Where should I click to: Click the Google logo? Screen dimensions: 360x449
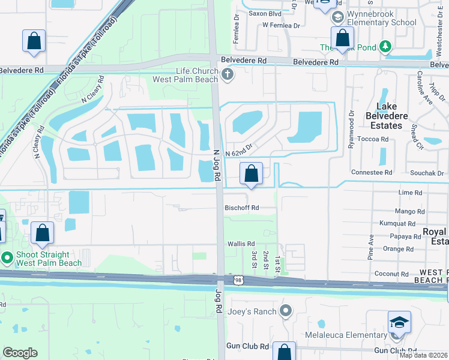click(x=20, y=353)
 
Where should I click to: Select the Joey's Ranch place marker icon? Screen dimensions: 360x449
click(x=286, y=311)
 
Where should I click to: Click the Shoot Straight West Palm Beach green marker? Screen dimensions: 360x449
click(x=7, y=259)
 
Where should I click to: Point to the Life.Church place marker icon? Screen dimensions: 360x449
click(x=227, y=75)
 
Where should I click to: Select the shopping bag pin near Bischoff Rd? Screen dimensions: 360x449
click(x=251, y=175)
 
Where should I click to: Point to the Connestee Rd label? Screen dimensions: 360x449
click(x=371, y=173)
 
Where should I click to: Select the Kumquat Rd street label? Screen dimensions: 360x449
click(x=397, y=223)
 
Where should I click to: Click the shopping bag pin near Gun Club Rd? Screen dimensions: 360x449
click(x=283, y=352)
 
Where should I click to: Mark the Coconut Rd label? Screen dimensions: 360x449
click(x=392, y=274)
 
